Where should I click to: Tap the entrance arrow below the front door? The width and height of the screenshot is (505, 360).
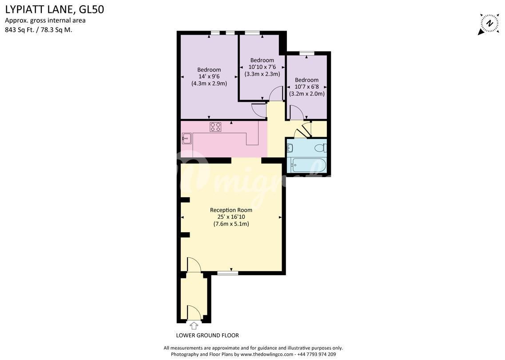click(194, 325)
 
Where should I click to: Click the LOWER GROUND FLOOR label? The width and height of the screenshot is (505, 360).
click(207, 335)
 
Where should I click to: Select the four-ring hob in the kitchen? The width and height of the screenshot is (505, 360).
click(215, 127)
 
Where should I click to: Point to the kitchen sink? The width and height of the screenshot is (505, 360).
click(187, 138)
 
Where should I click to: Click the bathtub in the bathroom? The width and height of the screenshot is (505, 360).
click(308, 165)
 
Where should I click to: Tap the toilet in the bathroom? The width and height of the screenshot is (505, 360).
click(321, 148)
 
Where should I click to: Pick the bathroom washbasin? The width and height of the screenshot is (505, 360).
click(290, 148)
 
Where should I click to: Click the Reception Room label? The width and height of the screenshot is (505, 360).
click(231, 210)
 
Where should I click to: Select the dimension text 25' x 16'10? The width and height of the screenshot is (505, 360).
click(231, 217)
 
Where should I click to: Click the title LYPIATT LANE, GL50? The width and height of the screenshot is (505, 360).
click(55, 9)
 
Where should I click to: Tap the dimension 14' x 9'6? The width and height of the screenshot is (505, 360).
click(209, 77)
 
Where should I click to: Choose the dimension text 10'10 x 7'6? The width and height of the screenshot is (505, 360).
click(262, 67)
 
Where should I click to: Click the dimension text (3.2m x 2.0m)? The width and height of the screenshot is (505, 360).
click(306, 94)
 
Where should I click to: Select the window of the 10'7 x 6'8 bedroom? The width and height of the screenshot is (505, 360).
click(306, 53)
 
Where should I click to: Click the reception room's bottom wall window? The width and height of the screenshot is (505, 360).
click(228, 273)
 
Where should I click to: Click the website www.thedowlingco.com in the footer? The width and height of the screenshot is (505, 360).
click(267, 354)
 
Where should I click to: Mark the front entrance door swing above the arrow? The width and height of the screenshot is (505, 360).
click(194, 313)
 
